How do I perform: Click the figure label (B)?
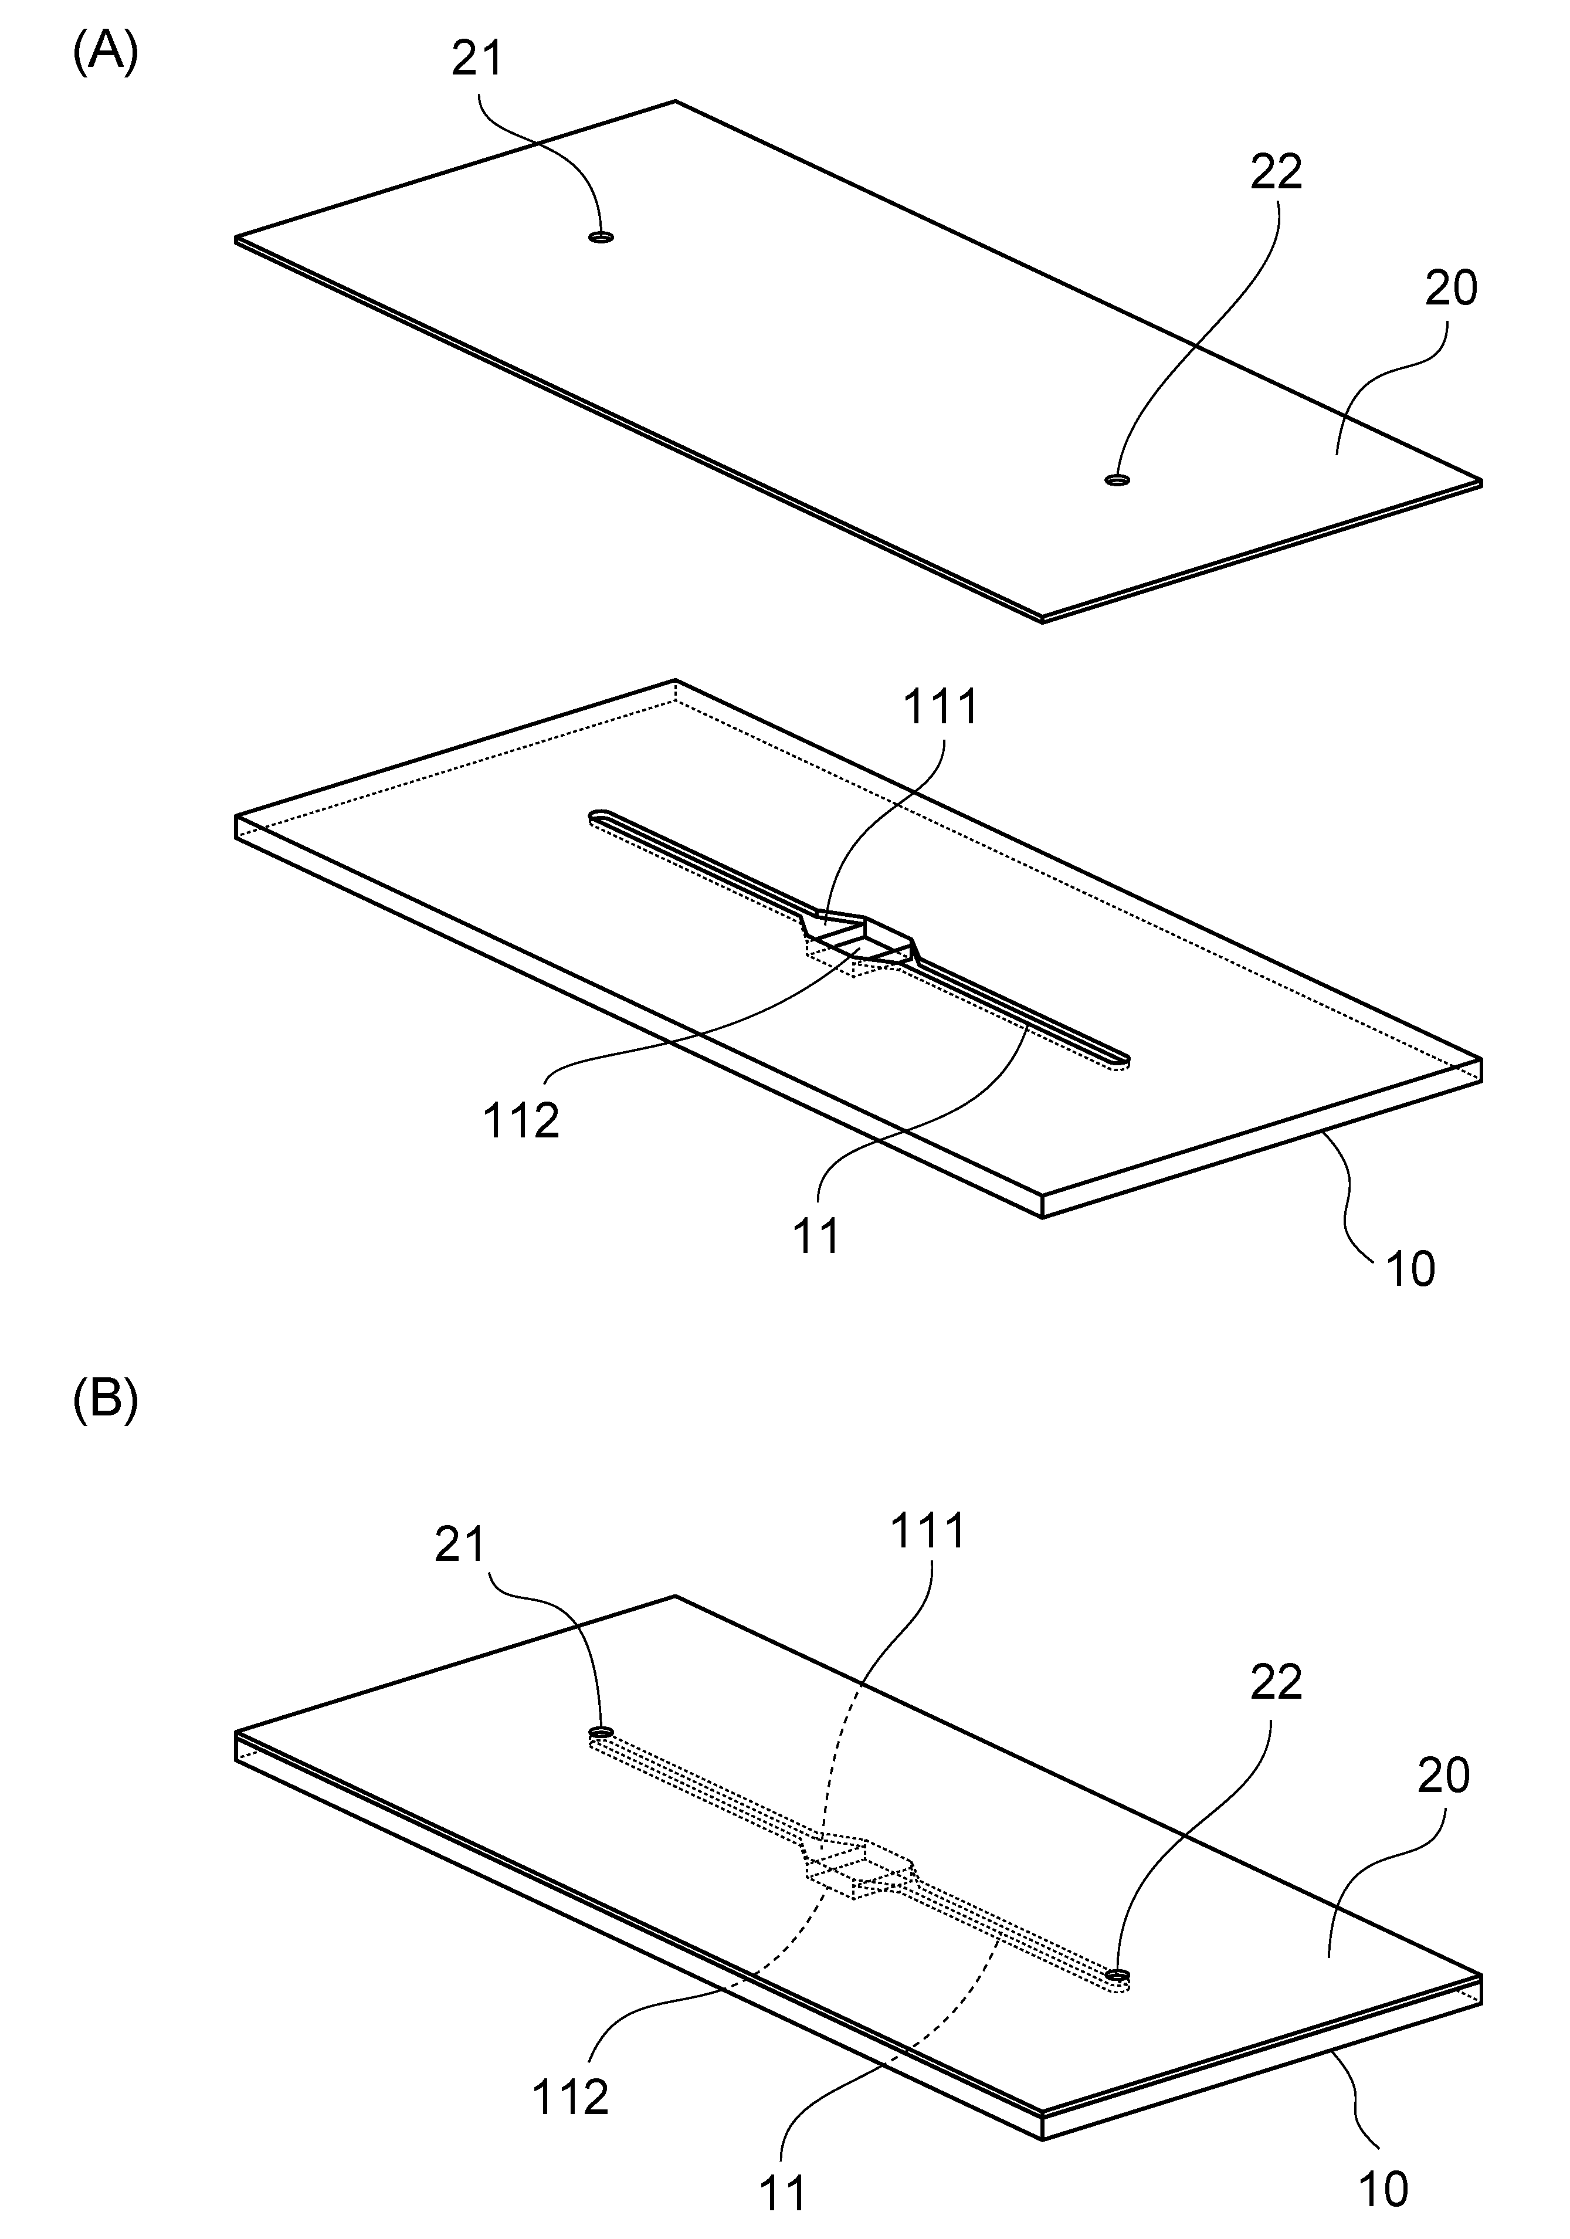point(106,1400)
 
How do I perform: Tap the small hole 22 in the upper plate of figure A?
point(1117,479)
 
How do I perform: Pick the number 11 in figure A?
point(816,1238)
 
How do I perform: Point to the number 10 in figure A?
point(1409,1270)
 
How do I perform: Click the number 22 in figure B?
point(1276,1683)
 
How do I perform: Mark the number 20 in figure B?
point(1443,1777)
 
